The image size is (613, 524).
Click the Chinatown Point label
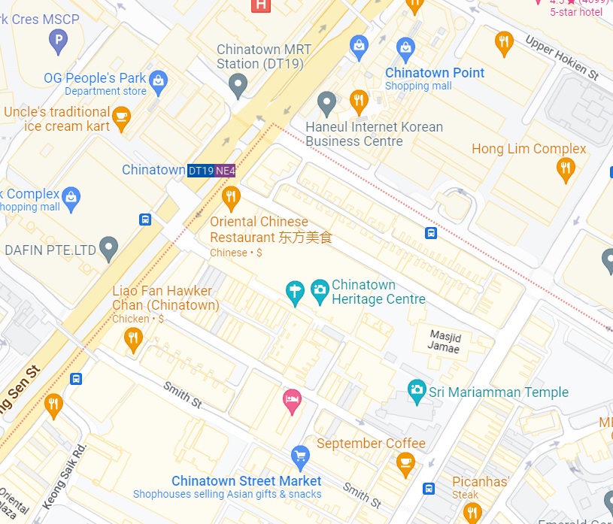(x=435, y=73)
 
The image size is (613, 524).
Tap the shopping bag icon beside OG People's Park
(x=158, y=82)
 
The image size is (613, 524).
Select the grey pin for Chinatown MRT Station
(x=238, y=85)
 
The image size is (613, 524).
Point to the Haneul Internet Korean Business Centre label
(x=374, y=134)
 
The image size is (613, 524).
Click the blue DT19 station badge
(x=201, y=171)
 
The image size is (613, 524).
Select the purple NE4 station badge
(x=226, y=171)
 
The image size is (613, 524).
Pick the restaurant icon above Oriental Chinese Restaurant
(x=231, y=198)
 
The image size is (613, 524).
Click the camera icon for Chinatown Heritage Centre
(x=320, y=290)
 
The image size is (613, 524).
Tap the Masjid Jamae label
(x=444, y=341)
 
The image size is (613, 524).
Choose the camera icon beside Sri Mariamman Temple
(x=417, y=391)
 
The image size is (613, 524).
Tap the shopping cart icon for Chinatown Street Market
(x=300, y=456)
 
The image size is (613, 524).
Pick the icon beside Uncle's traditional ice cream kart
(x=121, y=117)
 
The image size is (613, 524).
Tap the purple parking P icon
(x=58, y=41)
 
